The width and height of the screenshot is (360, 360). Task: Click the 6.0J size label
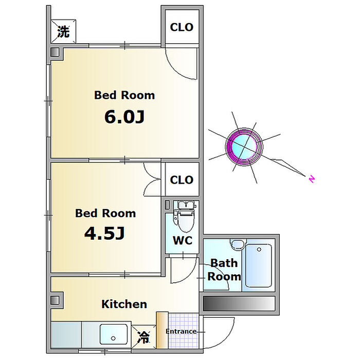[124, 117]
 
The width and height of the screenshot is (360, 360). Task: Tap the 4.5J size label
[105, 234]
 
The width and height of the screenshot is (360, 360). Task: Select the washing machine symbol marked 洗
[63, 32]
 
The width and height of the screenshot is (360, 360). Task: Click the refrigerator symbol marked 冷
[144, 338]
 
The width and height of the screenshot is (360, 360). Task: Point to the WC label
[183, 240]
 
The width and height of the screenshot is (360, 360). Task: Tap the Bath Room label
[224, 269]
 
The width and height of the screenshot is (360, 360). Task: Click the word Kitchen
[124, 304]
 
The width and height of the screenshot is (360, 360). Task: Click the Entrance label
[181, 331]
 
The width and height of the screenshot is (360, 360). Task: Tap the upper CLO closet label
[182, 27]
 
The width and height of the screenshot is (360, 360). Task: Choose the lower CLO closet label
[182, 180]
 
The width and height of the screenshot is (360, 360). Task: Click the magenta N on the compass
[312, 179]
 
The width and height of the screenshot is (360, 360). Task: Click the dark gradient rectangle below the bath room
[239, 303]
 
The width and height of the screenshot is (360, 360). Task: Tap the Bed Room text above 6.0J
[124, 95]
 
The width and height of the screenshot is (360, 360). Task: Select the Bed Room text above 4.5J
[105, 213]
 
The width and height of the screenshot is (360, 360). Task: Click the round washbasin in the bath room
[237, 245]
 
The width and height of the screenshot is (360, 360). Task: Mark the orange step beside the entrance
[161, 332]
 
